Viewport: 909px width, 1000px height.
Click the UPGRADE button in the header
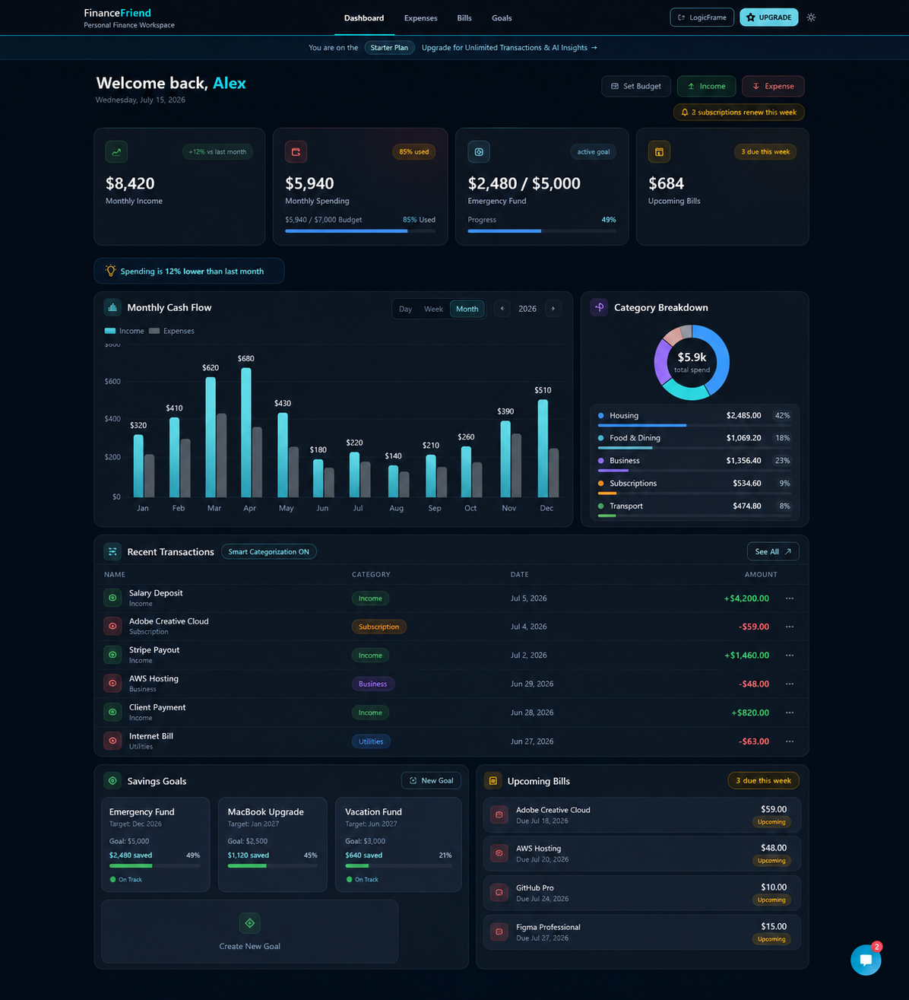[768, 17]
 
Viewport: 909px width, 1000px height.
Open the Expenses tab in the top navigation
[420, 18]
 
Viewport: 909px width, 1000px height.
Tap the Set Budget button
[636, 86]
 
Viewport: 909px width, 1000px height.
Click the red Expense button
[773, 86]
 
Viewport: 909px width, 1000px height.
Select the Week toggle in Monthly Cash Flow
[433, 309]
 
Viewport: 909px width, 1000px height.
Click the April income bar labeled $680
[246, 432]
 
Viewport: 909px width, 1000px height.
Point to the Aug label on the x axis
[396, 508]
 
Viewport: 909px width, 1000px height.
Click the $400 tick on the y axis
[112, 419]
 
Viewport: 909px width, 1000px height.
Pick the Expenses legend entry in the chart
[172, 331]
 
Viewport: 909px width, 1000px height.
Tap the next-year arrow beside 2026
[553, 309]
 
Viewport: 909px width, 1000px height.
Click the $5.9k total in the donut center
[692, 357]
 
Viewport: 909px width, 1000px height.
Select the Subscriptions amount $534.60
[746, 483]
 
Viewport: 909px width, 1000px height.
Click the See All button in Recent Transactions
[773, 551]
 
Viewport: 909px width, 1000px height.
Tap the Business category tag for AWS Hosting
[372, 684]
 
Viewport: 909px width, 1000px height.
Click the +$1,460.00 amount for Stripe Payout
[746, 655]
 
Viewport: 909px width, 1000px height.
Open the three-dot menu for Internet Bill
[790, 741]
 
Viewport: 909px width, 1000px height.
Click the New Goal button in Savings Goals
[431, 781]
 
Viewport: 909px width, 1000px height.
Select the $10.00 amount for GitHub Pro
[774, 887]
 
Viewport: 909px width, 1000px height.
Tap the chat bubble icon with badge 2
[866, 960]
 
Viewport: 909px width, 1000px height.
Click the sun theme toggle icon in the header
[811, 17]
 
